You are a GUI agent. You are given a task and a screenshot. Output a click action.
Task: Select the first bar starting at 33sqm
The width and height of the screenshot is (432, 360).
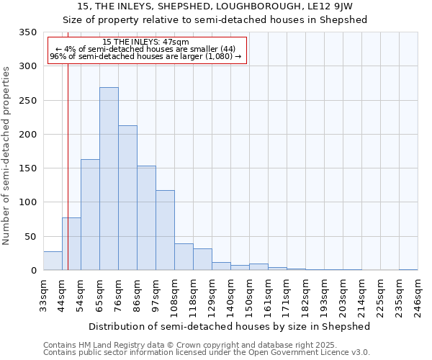(x=53, y=261)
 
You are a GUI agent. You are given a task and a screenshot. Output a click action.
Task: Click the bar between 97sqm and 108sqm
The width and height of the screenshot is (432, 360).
(x=165, y=230)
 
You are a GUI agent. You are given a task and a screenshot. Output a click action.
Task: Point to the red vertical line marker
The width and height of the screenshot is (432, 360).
(x=68, y=166)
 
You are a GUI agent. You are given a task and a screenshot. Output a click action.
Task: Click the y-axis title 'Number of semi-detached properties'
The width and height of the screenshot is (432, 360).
(x=7, y=155)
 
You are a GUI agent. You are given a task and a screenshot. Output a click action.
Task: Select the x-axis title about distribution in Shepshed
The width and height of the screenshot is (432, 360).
(x=230, y=326)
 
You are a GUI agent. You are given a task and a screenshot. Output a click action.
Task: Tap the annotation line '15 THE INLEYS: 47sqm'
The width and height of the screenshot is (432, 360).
(x=146, y=42)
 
